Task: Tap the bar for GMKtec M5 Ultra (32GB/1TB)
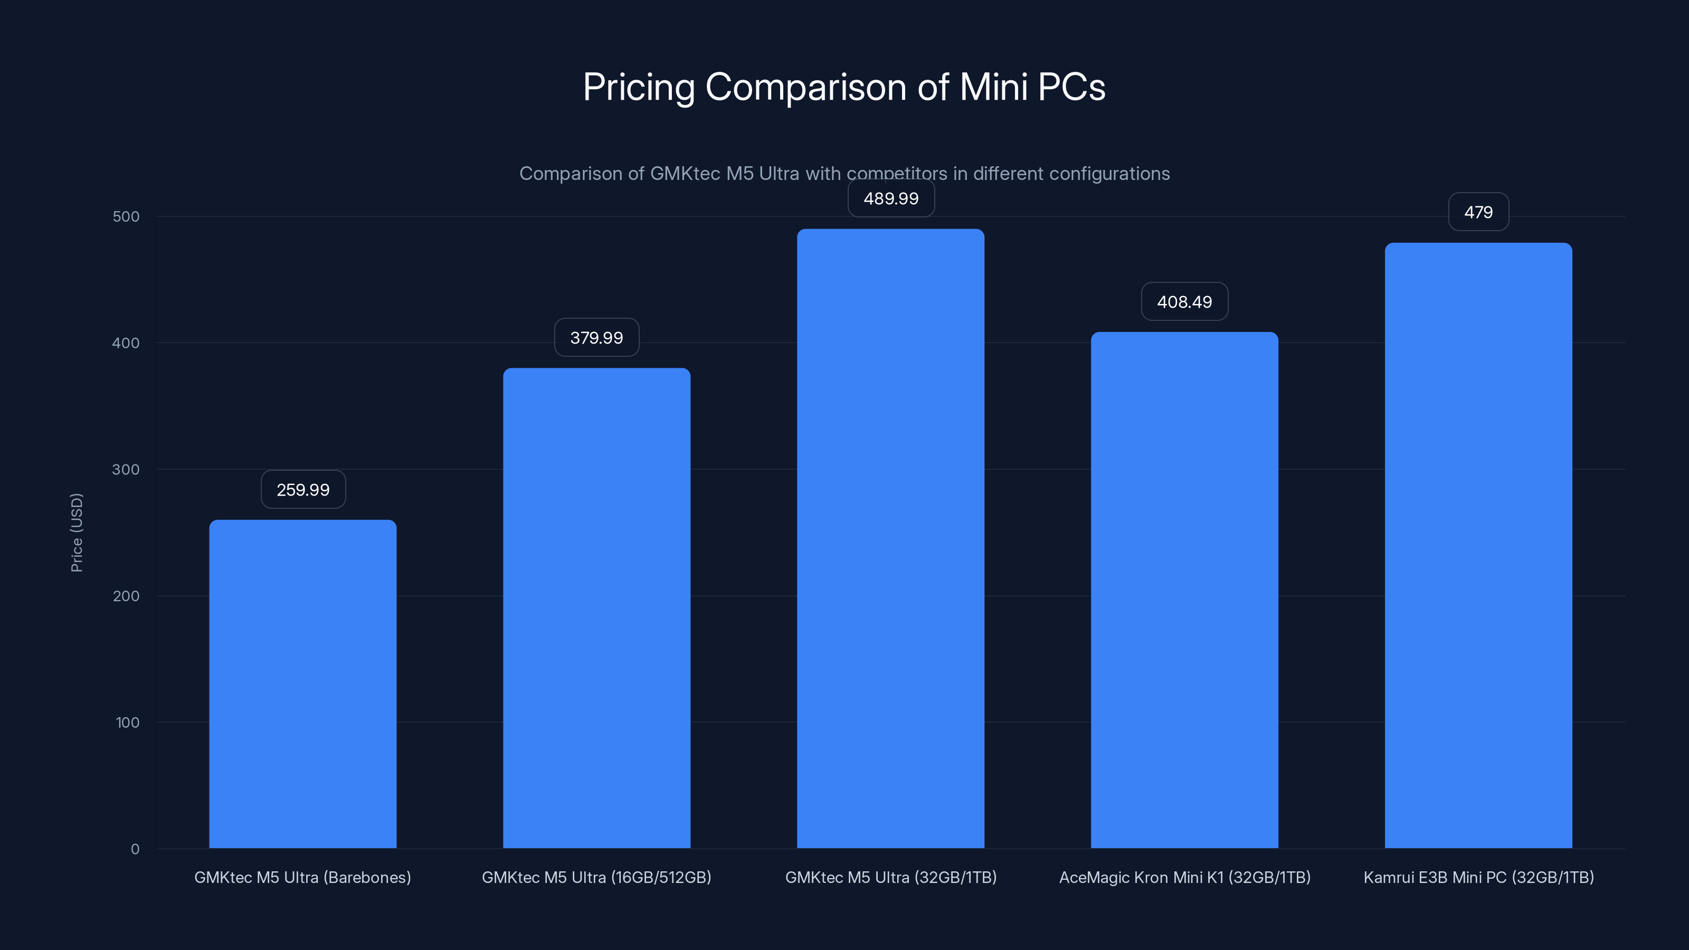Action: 890,538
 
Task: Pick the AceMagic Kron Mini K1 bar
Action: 1184,590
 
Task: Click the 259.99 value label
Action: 303,490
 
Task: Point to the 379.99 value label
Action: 596,338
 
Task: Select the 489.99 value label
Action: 890,198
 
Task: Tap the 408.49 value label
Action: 1184,301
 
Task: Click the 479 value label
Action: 1478,212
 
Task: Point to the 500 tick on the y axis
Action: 126,216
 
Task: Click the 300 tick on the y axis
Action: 126,469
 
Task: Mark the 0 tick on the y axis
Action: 135,849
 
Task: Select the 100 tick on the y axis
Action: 127,723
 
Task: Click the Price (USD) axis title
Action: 77,533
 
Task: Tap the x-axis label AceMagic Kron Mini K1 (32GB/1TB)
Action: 1184,877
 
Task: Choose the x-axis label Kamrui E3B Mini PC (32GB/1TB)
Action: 1478,877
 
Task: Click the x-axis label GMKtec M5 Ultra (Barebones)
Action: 302,877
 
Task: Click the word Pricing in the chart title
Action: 638,87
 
